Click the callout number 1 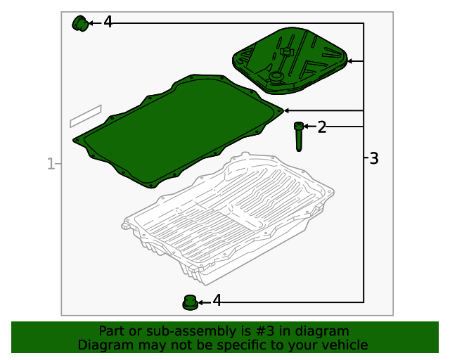[51, 164]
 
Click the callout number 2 [322, 127]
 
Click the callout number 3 [373, 158]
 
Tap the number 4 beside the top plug [108, 22]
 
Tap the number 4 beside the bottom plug [217, 300]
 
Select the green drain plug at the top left [80, 23]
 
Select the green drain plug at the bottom [190, 302]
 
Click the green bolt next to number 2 [298, 136]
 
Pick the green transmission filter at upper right [290, 60]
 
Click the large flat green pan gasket [178, 131]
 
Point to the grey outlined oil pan [228, 218]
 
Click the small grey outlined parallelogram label [86, 116]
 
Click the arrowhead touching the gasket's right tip [286, 110]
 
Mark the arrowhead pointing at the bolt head [306, 127]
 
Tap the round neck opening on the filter [276, 77]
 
